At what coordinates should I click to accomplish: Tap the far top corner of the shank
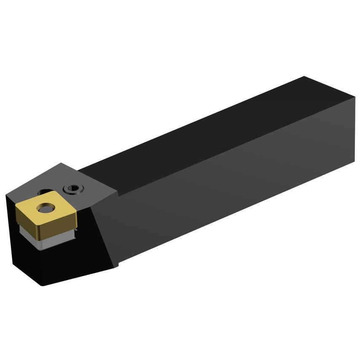[x=304, y=77]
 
